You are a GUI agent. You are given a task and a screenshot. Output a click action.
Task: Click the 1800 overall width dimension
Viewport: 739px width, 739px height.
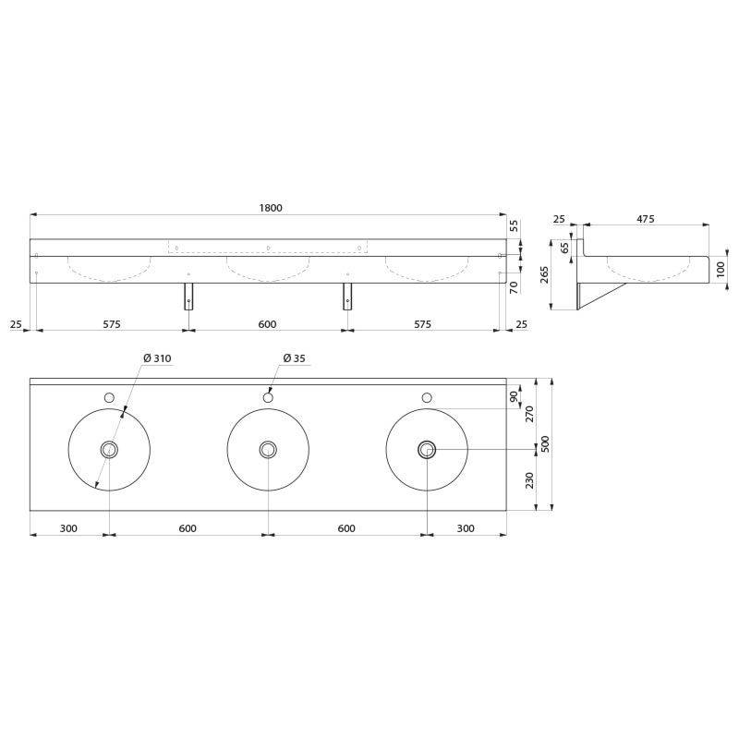pos(271,208)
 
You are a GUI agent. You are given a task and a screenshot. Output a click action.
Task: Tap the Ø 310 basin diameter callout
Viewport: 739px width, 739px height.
pos(157,358)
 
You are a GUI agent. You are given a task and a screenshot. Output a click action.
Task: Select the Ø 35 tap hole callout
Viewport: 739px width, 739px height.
pos(294,358)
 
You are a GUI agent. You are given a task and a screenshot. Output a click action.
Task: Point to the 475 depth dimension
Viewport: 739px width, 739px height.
pos(645,219)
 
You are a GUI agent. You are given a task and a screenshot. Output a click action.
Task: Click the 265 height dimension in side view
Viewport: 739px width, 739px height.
pos(544,275)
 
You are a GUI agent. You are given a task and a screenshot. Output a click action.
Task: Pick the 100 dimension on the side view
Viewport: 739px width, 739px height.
pos(721,270)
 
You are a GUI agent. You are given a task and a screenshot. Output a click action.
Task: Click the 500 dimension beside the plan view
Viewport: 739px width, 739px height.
pos(545,444)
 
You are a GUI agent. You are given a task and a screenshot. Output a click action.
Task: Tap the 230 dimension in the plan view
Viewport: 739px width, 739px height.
pos(529,480)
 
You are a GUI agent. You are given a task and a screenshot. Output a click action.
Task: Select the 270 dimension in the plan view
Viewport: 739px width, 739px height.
pos(529,414)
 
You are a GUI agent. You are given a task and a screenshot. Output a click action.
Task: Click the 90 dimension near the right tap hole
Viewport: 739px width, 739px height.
pos(515,396)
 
